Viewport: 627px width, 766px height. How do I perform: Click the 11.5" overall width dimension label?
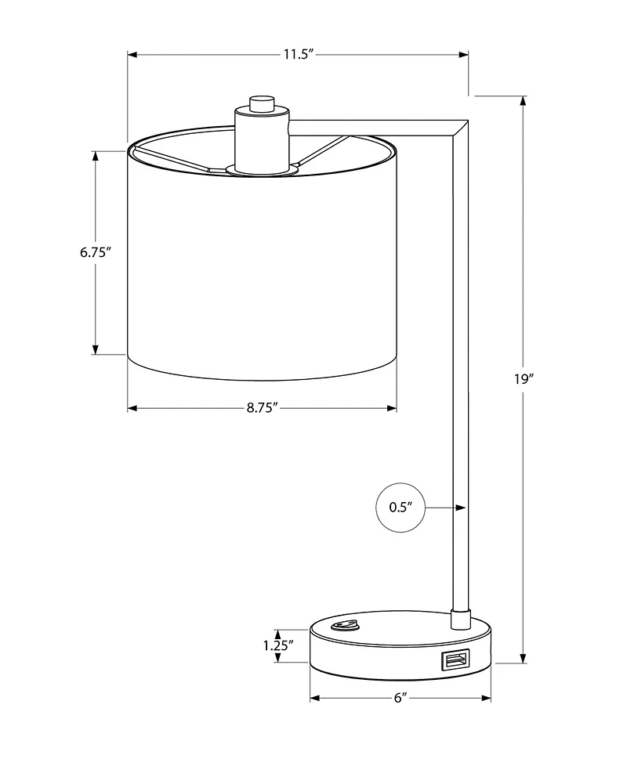click(x=298, y=54)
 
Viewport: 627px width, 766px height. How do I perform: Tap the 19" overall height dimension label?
click(x=523, y=378)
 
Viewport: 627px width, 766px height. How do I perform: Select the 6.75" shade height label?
click(x=96, y=252)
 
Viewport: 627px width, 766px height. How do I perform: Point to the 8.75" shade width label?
click(x=262, y=408)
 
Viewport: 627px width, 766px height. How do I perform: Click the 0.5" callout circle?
click(x=400, y=508)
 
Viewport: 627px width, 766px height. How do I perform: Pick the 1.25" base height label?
click(x=278, y=645)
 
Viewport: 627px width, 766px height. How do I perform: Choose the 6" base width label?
click(x=400, y=698)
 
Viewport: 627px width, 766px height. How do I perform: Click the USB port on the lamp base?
click(x=455, y=660)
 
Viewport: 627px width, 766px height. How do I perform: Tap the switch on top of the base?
click(x=344, y=625)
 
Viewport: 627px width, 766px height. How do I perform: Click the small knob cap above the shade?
click(x=261, y=103)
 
